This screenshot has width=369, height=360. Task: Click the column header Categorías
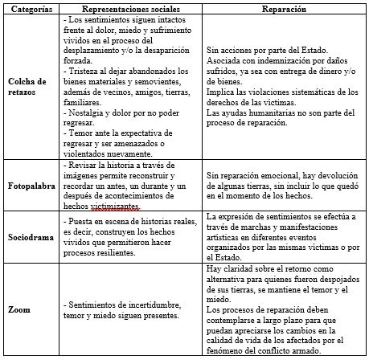point(31,7)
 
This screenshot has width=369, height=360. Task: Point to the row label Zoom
point(19,309)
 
